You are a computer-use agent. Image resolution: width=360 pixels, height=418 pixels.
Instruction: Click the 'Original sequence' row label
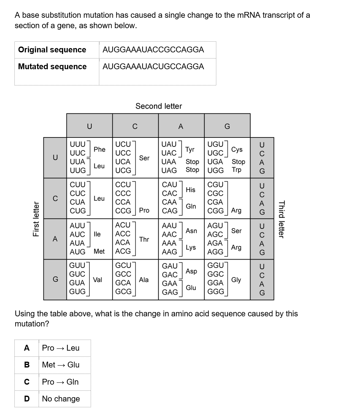pos(52,50)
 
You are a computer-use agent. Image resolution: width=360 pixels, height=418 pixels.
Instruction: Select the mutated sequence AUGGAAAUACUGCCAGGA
pos(153,66)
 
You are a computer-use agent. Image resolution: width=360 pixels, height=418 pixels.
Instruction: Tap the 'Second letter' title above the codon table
pos(159,106)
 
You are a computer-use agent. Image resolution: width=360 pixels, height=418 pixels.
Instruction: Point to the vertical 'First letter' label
pos(36,219)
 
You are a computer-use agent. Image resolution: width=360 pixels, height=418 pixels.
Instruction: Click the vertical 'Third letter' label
pos(282,219)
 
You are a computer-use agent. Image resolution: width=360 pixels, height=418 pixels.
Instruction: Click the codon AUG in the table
pos(78,252)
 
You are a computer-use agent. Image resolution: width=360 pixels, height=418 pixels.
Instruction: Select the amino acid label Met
pos(99,251)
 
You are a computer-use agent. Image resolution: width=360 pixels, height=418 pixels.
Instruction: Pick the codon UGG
pos(215,170)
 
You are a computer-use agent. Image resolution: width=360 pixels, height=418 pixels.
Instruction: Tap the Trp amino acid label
pos(236,169)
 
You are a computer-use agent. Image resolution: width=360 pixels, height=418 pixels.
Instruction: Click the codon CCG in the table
pos(123,211)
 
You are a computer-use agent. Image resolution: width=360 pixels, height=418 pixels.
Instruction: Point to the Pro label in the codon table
pos(144,210)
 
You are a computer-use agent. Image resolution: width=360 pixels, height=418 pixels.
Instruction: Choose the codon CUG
pos(78,211)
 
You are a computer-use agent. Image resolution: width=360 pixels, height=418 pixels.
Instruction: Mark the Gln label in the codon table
pos(191,206)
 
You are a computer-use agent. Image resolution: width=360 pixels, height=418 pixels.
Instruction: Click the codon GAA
pos(169,284)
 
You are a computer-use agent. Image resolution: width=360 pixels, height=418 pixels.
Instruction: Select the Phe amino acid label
pos(99,149)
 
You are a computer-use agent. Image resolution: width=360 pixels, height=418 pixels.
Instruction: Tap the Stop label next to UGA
pos(238,162)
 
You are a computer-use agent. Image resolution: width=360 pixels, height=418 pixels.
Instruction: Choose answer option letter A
pos(27,348)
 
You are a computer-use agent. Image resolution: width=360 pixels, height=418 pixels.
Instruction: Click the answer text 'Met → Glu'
pos(61,365)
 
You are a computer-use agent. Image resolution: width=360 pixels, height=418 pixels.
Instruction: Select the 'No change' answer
pos(61,399)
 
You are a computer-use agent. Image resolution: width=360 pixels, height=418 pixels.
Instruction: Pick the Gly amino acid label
pos(236,280)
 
